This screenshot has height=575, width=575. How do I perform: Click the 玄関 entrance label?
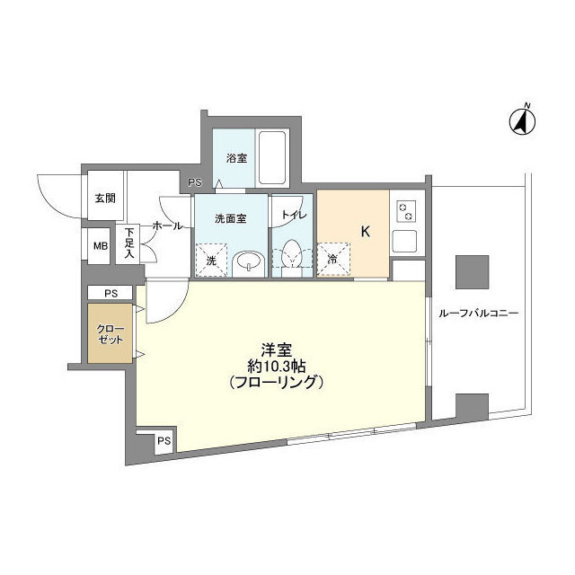point(100,200)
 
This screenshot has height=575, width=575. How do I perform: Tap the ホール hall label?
point(168,226)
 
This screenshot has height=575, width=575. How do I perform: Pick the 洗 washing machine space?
point(212,260)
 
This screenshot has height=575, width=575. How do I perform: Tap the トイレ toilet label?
point(294,216)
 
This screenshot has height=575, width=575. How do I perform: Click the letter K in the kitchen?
point(366,231)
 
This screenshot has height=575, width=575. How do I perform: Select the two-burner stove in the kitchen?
point(406,213)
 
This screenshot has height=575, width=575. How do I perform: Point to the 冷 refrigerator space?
point(332,259)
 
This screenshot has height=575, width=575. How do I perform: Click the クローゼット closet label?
point(110,335)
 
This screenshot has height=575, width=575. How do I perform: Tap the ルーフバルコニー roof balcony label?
point(479,314)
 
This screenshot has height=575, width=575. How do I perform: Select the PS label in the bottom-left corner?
point(163,441)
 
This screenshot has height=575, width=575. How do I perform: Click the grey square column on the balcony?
point(471,270)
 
